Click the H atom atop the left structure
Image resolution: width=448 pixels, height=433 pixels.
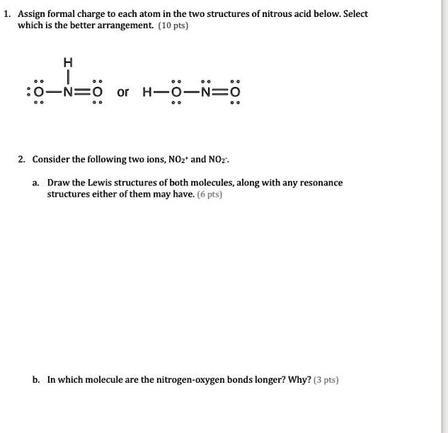(69, 60)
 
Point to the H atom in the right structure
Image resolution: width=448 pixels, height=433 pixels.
(147, 92)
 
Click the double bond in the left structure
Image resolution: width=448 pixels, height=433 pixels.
(84, 91)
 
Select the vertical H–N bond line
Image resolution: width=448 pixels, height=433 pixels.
(69, 75)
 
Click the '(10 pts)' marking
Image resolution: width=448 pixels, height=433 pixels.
(171, 25)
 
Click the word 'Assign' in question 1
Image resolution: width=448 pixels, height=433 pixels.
(33, 14)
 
